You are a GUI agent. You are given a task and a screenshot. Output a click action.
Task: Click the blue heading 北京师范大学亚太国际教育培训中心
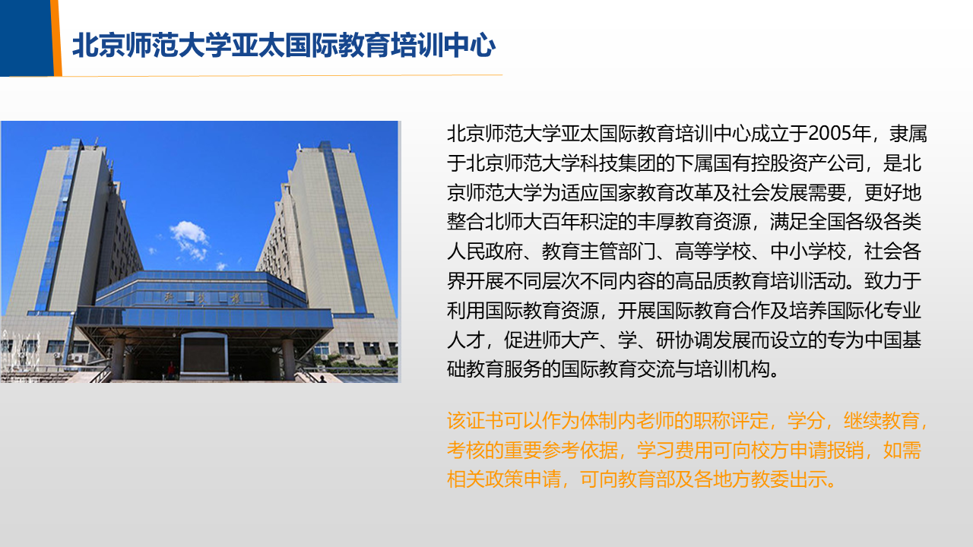[284, 45]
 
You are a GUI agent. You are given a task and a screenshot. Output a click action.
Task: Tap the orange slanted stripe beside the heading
[56, 38]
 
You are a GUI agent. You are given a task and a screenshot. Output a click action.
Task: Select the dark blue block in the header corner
[26, 38]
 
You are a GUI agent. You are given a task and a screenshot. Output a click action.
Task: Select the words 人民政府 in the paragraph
[485, 251]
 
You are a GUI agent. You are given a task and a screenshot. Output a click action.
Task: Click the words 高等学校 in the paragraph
[713, 251]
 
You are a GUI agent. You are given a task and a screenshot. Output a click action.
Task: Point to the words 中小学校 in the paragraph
[808, 251]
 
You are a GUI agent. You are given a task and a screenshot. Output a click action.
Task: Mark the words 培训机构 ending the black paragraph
[732, 369]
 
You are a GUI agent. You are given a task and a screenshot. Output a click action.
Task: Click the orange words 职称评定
[731, 421]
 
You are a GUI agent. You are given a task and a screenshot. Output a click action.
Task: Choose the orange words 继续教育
[881, 421]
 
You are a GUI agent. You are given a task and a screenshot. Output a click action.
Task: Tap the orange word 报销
[845, 451]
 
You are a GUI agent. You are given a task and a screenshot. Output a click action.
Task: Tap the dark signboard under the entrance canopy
[204, 354]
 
